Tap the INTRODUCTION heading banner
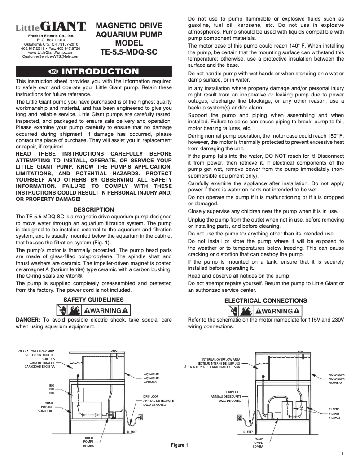(x=93, y=71)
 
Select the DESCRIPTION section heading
(x=93, y=209)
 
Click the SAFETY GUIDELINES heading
(x=93, y=300)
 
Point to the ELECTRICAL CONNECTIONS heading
(x=266, y=300)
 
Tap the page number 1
(x=342, y=455)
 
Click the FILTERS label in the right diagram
(x=334, y=409)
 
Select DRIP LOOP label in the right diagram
(x=233, y=392)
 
